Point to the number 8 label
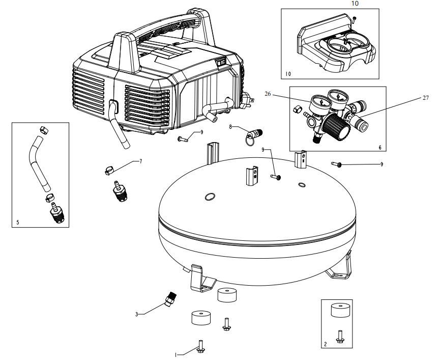[x=230, y=126]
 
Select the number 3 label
[x=136, y=314]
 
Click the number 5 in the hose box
[x=18, y=222]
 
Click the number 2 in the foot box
[x=326, y=344]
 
